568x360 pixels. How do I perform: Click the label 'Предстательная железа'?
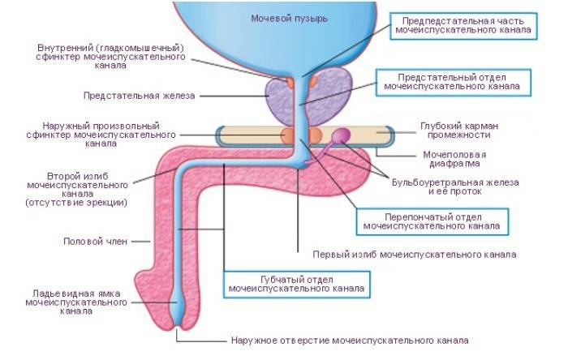coord(139,95)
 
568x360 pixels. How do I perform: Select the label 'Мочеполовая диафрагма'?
coord(454,159)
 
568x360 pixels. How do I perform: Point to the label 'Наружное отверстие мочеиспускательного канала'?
coord(349,341)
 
